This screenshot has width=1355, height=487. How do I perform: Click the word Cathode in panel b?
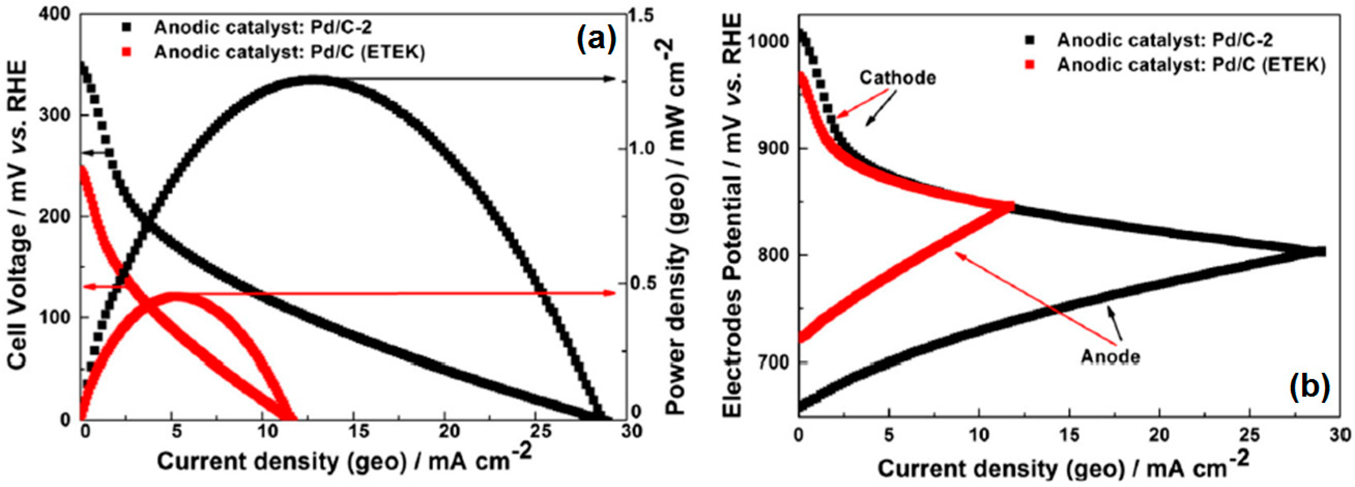point(898,78)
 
